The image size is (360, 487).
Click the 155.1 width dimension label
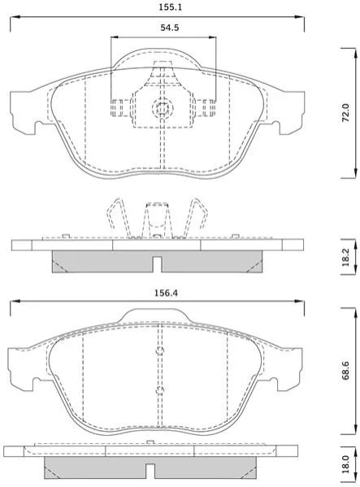coord(170,7)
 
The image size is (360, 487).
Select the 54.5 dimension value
coord(170,28)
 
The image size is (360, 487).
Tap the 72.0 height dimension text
coord(345,113)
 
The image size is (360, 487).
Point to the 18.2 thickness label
coord(345,257)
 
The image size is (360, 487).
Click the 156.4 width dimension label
coord(167,293)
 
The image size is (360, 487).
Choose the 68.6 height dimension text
coord(345,370)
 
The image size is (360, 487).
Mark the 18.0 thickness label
coord(345,464)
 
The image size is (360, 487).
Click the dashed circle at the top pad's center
coord(163,108)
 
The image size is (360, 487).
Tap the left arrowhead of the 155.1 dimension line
coord(15,17)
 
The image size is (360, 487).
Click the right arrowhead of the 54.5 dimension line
coord(212,37)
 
